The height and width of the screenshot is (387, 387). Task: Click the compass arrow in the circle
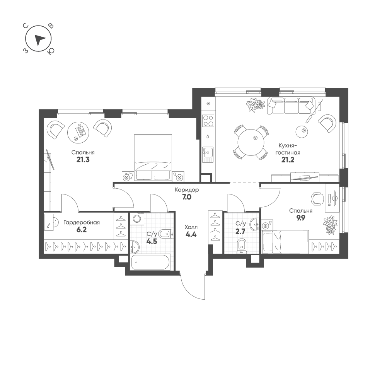[x=39, y=40]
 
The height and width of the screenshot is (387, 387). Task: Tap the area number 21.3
[x=83, y=160]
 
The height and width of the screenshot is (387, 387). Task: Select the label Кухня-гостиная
[x=288, y=149]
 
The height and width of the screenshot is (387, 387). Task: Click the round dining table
[x=251, y=142]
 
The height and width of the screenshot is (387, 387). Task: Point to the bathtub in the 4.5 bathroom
[x=150, y=262]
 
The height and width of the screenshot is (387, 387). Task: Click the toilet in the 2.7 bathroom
[x=242, y=246]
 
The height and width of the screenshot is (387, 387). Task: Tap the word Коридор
[x=187, y=190]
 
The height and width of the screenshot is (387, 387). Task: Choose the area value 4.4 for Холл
[x=191, y=234]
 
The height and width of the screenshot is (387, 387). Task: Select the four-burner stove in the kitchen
[x=208, y=121]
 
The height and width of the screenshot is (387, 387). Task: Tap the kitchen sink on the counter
[x=208, y=155]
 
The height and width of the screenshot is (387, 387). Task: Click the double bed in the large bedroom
[x=153, y=158]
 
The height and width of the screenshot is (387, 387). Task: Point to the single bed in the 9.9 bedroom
[x=285, y=242]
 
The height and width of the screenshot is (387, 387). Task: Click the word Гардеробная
[x=82, y=222]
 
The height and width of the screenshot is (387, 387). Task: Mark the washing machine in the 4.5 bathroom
[x=137, y=219]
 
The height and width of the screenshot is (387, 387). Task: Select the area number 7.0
[x=187, y=197]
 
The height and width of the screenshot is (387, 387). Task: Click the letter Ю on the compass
[x=51, y=51]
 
